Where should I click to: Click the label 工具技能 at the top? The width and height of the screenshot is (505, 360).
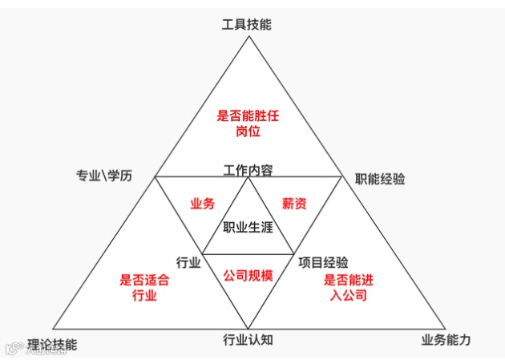click(247, 24)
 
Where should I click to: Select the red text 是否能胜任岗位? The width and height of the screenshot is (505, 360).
click(248, 123)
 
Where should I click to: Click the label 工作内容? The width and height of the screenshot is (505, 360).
click(248, 170)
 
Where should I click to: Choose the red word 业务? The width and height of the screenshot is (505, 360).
click(202, 204)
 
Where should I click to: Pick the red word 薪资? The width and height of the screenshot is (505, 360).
click(294, 204)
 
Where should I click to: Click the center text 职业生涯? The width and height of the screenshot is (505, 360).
click(248, 227)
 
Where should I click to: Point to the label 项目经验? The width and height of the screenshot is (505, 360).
click(323, 261)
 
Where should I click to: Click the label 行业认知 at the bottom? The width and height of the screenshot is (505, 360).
click(248, 339)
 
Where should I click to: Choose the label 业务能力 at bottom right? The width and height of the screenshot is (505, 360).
click(446, 339)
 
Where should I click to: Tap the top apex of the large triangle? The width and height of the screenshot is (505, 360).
click(248, 36)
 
